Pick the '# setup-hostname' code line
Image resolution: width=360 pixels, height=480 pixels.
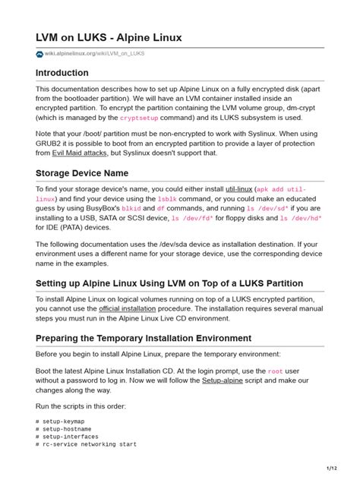(x=67, y=428)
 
